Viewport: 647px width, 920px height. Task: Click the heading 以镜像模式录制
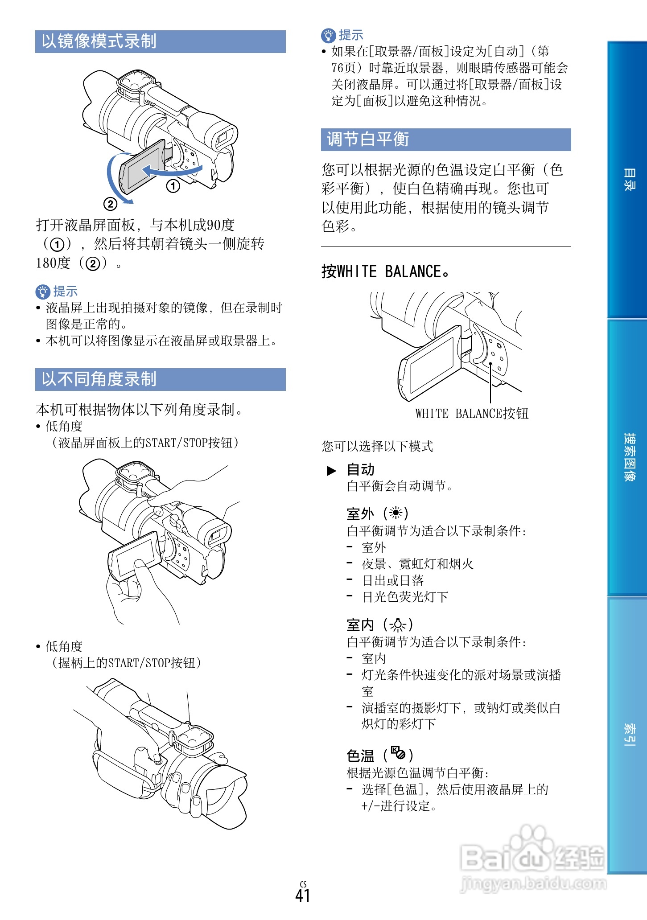99,41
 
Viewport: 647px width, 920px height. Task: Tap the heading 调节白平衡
368,140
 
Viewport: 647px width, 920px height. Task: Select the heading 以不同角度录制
99,379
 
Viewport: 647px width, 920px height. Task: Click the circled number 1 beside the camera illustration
173,186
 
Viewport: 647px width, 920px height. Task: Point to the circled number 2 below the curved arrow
110,204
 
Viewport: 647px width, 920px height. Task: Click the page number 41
303,895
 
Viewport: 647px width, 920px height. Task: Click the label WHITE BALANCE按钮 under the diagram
472,414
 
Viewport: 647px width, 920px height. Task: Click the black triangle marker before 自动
331,471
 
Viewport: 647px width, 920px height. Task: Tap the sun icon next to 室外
396,513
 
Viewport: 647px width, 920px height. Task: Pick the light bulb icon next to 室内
397,625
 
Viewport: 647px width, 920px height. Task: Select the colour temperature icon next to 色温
398,753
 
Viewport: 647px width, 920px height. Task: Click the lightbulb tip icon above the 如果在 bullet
328,35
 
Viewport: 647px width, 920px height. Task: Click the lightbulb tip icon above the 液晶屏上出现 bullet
43,292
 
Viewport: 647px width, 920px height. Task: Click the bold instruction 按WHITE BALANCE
385,271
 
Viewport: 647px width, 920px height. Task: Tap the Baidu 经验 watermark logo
533,858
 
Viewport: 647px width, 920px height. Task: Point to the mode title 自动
360,469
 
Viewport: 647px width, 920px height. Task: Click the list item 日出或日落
392,580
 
